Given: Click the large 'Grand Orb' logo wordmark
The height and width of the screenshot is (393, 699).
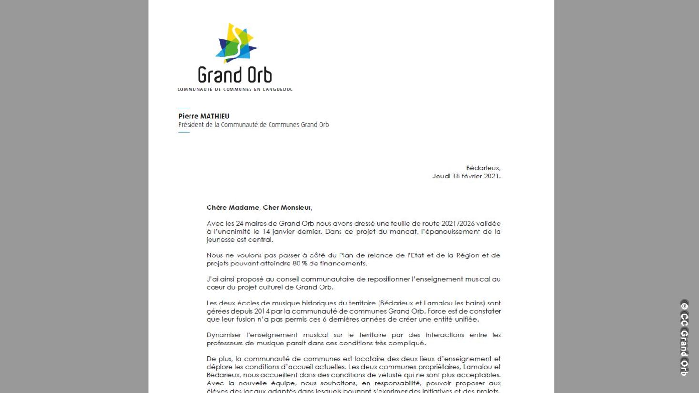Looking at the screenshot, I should pyautogui.click(x=235, y=75).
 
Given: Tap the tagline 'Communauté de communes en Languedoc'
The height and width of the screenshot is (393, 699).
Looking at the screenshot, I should pyautogui.click(x=235, y=89).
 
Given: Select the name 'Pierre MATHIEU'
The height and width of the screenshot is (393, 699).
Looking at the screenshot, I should pyautogui.click(x=203, y=116).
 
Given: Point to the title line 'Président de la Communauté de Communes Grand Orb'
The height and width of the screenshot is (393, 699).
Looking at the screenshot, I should pyautogui.click(x=253, y=125).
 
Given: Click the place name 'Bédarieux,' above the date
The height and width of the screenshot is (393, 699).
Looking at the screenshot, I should pyautogui.click(x=483, y=168).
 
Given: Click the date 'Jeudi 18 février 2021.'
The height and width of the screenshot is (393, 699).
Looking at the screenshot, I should pyautogui.click(x=466, y=176).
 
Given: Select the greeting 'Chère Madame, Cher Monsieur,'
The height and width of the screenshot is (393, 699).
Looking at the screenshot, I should pyautogui.click(x=259, y=207).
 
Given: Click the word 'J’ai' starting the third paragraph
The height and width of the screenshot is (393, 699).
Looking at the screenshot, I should pyautogui.click(x=212, y=279).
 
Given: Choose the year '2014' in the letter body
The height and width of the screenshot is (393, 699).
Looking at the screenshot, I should pyautogui.click(x=261, y=311).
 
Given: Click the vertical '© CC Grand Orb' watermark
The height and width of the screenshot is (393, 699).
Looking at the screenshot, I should pyautogui.click(x=684, y=338).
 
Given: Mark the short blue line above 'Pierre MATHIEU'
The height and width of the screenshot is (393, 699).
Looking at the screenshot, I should pyautogui.click(x=183, y=108).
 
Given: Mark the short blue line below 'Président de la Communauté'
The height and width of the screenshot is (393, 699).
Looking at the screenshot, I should pyautogui.click(x=183, y=132).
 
